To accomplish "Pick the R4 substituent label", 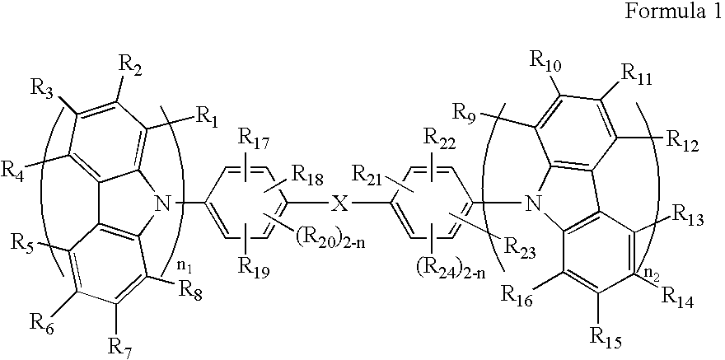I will (16, 171).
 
